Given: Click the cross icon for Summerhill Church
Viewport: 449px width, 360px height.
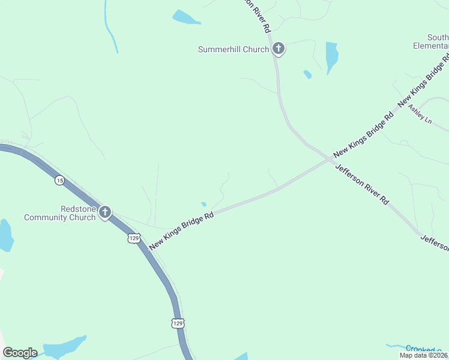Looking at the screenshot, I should (277, 49).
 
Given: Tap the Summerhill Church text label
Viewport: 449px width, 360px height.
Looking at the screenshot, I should (234, 49).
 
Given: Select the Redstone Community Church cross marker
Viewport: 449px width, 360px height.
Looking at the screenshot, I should (105, 212).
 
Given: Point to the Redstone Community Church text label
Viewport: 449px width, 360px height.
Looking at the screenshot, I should (59, 213).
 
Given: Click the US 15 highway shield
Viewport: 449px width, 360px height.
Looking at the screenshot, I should (59, 180).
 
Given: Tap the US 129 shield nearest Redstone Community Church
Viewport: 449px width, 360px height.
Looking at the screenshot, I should (134, 238).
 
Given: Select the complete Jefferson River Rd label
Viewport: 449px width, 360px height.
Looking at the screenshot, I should (361, 185).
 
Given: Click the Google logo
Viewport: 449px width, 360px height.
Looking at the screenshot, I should (20, 353).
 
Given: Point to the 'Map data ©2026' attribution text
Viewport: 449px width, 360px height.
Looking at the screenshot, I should (424, 355).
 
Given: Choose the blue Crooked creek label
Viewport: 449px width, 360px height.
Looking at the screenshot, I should (423, 349).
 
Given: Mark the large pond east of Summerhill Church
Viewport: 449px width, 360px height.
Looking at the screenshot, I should (331, 56).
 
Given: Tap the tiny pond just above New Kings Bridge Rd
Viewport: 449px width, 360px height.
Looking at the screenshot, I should (204, 204).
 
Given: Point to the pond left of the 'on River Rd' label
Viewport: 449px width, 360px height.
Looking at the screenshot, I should (185, 17).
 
